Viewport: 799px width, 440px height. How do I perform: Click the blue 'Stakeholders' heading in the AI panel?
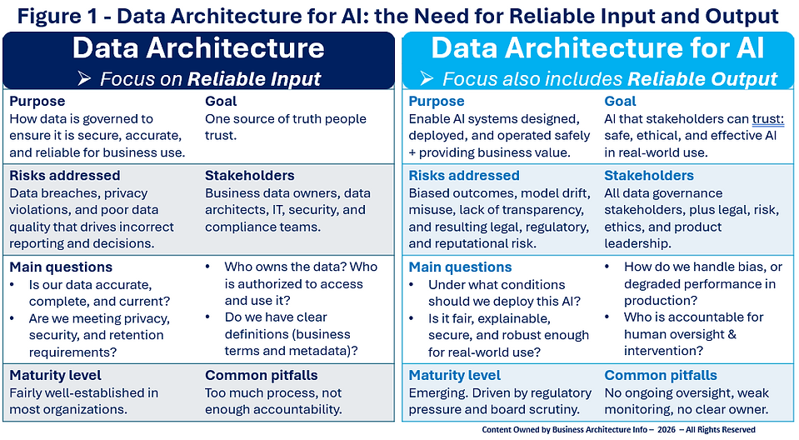[648, 176]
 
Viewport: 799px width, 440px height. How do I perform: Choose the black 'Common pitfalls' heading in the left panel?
[261, 375]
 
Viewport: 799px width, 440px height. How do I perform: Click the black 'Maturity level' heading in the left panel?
[55, 375]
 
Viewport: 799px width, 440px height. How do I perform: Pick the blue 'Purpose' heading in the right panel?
[436, 102]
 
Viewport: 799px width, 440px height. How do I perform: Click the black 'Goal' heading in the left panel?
[221, 102]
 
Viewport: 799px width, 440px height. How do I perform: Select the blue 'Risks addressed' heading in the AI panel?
[463, 176]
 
